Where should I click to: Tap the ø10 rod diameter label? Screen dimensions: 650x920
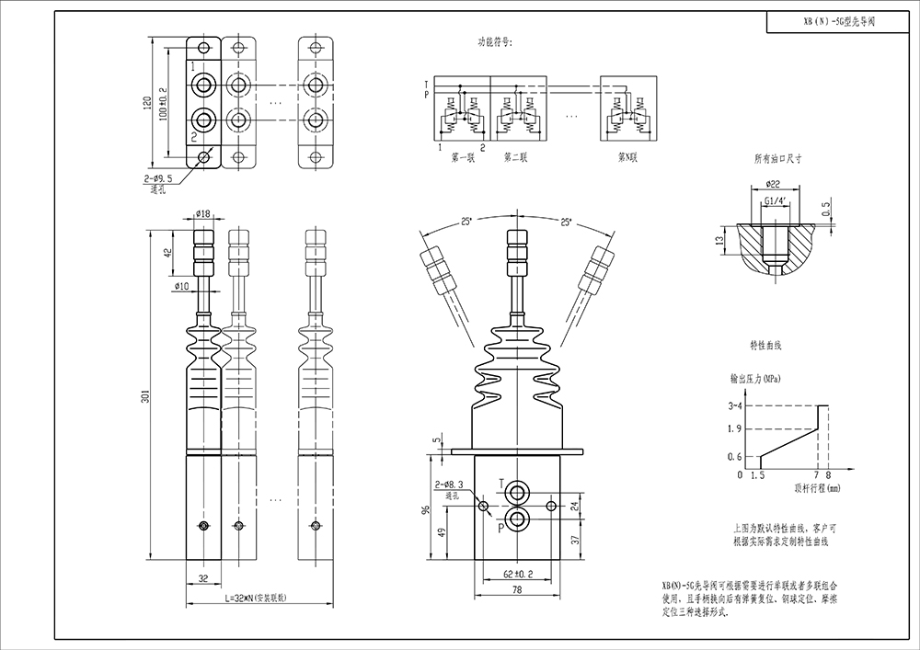coord(181,286)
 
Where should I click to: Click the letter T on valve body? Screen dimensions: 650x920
coord(501,484)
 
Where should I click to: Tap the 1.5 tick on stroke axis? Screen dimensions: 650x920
coord(758,475)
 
